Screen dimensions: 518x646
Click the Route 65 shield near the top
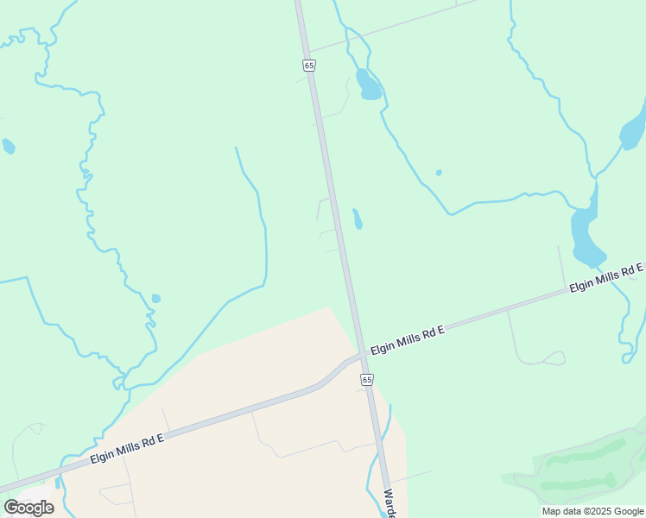(x=309, y=65)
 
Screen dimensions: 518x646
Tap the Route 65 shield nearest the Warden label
(x=367, y=380)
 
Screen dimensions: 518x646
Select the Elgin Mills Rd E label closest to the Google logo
(x=127, y=449)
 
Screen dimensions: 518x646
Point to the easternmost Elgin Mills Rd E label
(x=605, y=278)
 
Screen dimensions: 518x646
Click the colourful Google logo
(x=28, y=507)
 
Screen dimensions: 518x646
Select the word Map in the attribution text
(x=551, y=511)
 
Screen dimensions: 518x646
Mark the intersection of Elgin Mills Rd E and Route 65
(x=358, y=354)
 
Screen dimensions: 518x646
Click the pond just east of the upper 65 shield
(x=368, y=85)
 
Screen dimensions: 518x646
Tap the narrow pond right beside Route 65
(x=357, y=218)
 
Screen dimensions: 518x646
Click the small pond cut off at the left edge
(x=8, y=146)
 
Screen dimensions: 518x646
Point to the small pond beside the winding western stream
(x=155, y=299)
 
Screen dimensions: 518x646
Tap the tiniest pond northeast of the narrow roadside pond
(x=439, y=173)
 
